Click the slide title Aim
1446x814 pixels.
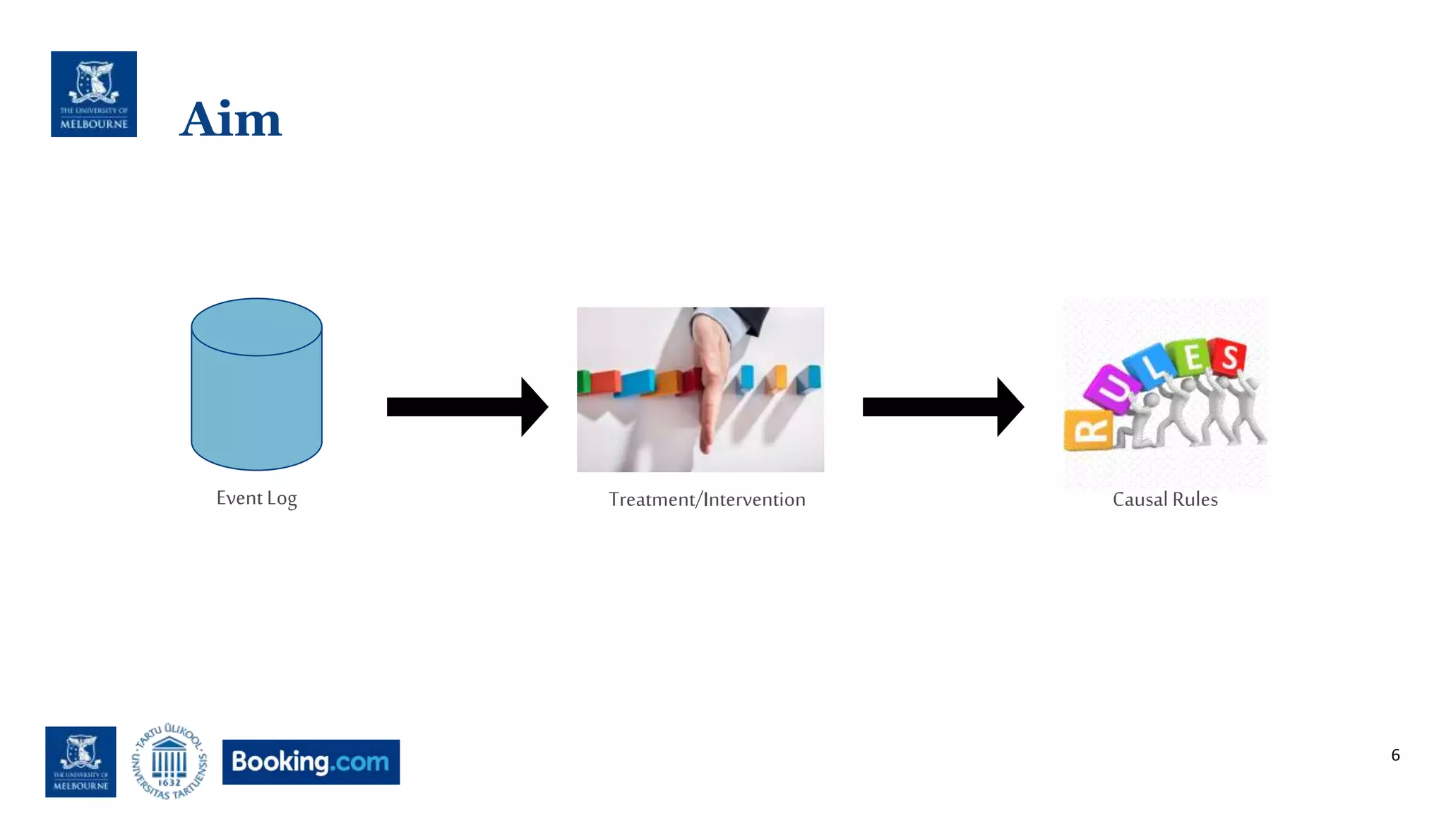[231, 119]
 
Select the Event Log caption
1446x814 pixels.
[256, 498]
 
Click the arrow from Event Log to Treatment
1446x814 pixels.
[467, 407]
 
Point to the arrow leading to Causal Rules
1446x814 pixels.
[943, 407]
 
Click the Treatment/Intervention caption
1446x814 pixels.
[707, 500]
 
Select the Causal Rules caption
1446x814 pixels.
[1165, 500]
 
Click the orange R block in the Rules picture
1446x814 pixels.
[1088, 430]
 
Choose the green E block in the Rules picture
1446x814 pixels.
[1192, 358]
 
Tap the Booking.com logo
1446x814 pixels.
[311, 762]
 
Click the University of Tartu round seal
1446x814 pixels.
[169, 762]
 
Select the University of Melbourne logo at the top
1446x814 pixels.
[94, 94]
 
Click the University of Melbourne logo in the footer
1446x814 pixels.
[80, 762]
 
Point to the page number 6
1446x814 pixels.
[1395, 755]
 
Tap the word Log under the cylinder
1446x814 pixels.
[282, 498]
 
